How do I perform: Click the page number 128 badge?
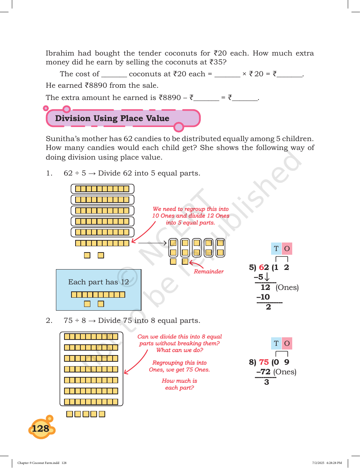41,428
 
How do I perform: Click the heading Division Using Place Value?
112,118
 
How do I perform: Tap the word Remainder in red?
209,271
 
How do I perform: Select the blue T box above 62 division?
276,248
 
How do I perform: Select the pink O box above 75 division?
287,343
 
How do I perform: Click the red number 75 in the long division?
264,362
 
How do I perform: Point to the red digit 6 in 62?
261,267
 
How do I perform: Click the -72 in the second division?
263,372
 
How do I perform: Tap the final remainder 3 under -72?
267,382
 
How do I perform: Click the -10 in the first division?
263,297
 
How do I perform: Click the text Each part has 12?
99,282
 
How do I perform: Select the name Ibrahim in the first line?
60,53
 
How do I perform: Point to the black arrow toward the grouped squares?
152,243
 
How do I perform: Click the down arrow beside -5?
267,277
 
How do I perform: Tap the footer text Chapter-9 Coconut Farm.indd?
39,462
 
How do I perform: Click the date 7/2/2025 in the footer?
318,462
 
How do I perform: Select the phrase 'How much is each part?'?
180,384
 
